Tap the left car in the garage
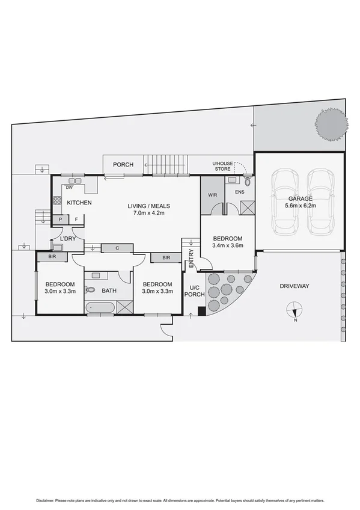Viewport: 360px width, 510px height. (285, 203)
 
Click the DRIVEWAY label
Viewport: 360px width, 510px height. (294, 286)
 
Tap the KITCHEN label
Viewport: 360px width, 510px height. (79, 203)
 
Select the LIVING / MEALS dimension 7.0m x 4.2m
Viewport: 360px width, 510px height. (146, 214)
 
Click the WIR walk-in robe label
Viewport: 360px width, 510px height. (212, 195)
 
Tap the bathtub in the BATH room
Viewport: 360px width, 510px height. (100, 308)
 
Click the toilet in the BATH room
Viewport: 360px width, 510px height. (88, 289)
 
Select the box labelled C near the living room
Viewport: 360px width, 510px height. (117, 248)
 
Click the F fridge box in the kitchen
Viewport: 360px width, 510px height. (76, 220)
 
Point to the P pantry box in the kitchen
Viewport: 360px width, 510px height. (61, 220)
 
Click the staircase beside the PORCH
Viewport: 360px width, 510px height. (165, 163)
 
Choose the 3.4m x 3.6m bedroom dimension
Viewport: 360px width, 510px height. (227, 245)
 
